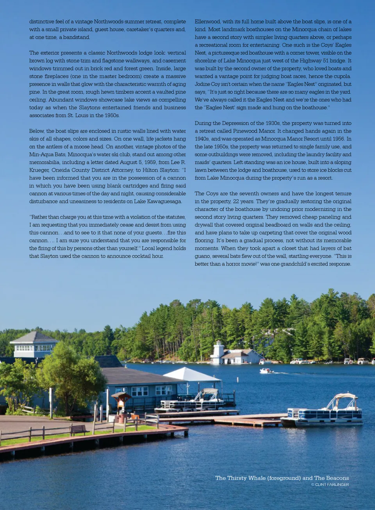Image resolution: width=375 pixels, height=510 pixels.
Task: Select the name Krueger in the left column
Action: pos(40,170)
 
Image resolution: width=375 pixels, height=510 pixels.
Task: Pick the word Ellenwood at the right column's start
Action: pos(207,21)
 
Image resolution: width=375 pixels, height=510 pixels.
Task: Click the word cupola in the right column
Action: pos(342,76)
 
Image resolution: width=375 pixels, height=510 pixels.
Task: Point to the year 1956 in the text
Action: pos(338,139)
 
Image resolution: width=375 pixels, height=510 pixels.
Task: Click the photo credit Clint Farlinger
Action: pos(332,485)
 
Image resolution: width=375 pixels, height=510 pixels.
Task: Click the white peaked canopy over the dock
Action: pos(191,375)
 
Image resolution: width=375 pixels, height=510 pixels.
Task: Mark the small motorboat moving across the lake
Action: pos(266,370)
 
